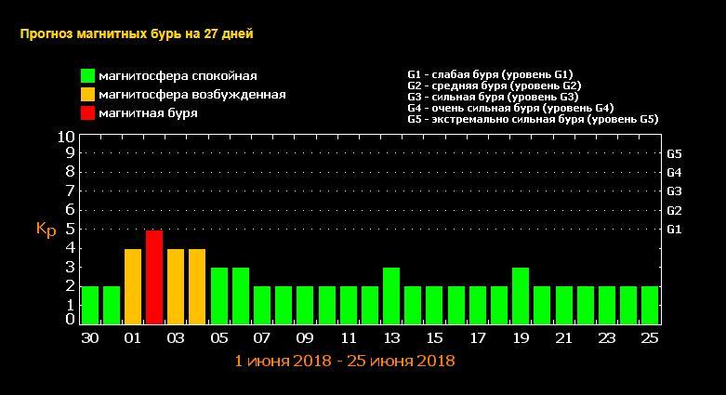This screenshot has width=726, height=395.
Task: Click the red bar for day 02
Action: (x=154, y=277)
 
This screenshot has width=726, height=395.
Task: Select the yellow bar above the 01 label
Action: (x=133, y=286)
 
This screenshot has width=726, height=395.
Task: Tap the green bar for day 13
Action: (x=391, y=296)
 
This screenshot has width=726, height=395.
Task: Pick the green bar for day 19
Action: (x=521, y=296)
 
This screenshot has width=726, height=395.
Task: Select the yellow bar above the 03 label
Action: (x=176, y=286)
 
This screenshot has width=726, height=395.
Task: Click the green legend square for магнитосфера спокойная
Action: (x=87, y=76)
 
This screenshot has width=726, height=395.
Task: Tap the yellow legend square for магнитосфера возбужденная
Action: (x=87, y=95)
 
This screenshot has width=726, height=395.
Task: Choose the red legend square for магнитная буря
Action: (x=87, y=113)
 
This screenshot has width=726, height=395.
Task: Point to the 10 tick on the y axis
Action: (x=66, y=137)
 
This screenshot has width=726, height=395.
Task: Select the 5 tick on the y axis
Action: (x=70, y=229)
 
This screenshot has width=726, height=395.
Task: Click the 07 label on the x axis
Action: (x=262, y=338)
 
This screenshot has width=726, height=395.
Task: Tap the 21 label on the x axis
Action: (x=564, y=338)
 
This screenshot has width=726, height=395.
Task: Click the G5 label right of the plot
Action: (x=675, y=153)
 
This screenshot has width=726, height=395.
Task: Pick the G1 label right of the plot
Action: (x=675, y=229)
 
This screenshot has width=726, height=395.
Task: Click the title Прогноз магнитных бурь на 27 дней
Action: (x=136, y=33)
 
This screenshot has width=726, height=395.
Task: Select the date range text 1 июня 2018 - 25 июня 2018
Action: (x=345, y=360)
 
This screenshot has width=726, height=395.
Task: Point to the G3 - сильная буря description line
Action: (x=493, y=96)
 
